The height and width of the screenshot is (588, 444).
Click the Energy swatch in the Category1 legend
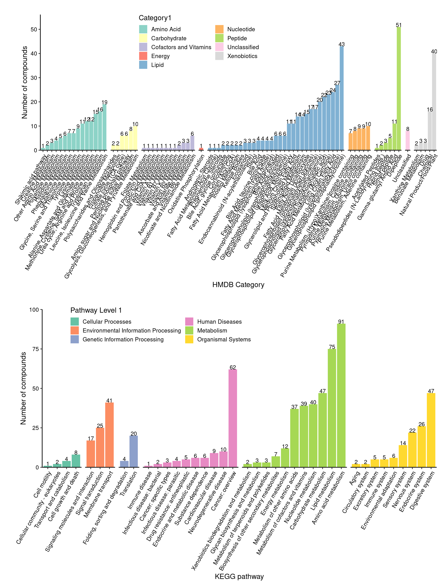click(x=143, y=56)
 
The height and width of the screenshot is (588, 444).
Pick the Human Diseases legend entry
click(x=219, y=322)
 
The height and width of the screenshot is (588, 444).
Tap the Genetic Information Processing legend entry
click(x=123, y=340)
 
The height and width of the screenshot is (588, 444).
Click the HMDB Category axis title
click(x=238, y=285)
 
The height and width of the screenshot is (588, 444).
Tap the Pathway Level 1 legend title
click(x=96, y=310)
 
